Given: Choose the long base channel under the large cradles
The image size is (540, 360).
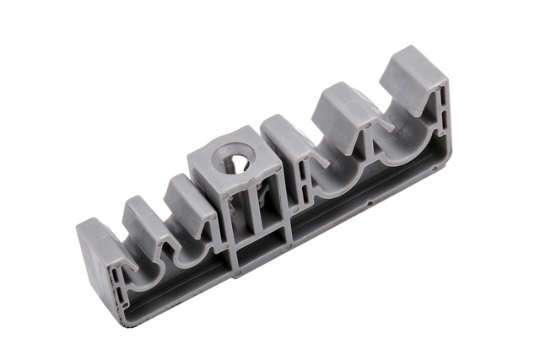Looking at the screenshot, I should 363,202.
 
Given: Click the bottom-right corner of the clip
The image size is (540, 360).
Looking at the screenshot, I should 438,169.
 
